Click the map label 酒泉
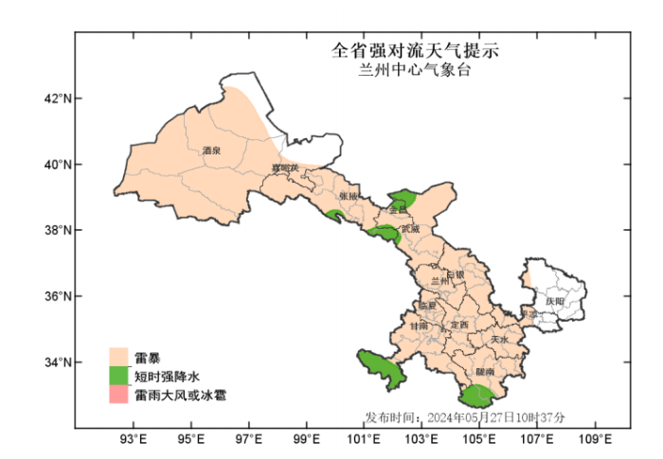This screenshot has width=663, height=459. [x=211, y=150]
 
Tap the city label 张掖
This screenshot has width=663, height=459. [x=349, y=196]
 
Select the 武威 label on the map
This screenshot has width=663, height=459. [x=409, y=228]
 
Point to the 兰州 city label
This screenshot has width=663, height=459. [x=440, y=281]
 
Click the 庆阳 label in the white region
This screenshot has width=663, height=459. [x=555, y=301]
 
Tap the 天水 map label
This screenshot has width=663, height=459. [x=500, y=339]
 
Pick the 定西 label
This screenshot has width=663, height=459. [x=459, y=326]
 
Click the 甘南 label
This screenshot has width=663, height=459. [x=419, y=326]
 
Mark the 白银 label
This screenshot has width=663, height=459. [x=456, y=274]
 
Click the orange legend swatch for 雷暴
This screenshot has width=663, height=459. [x=118, y=357]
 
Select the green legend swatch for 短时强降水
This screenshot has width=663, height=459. [x=118, y=376]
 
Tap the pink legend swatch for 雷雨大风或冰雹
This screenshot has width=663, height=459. [x=118, y=395]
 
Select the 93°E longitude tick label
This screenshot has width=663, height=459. [x=134, y=439]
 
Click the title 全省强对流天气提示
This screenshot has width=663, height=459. [x=414, y=49]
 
